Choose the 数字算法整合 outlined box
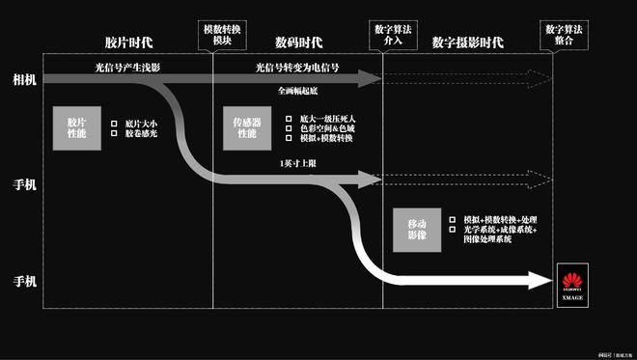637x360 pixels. (x=563, y=34)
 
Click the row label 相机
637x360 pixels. (x=24, y=78)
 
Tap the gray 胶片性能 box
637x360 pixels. (x=76, y=128)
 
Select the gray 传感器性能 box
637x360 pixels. (x=246, y=128)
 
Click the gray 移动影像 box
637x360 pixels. (x=417, y=230)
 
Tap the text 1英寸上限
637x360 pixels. (x=298, y=163)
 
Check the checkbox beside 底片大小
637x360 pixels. (x=115, y=124)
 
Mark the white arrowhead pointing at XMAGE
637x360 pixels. (x=540, y=281)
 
